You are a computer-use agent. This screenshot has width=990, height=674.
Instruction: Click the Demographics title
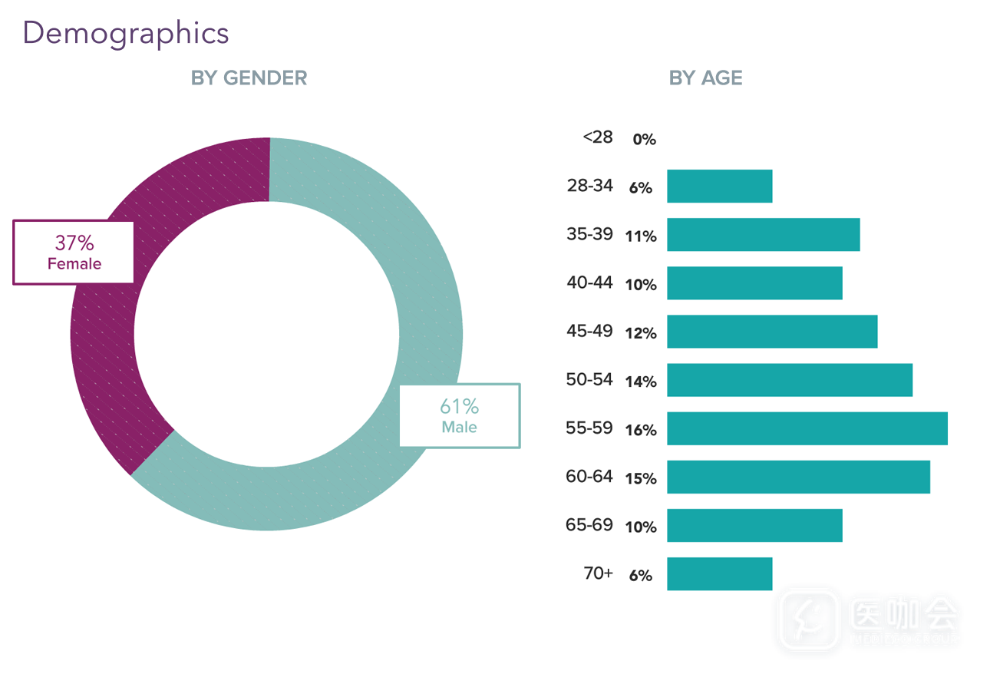pos(126,33)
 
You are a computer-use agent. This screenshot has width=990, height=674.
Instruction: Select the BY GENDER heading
pos(249,78)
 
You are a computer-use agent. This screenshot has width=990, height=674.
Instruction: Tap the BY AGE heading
pos(705,78)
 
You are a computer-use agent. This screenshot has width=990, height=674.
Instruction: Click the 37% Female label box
pos(74,253)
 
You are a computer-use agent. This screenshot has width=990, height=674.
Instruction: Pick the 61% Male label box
pos(459,415)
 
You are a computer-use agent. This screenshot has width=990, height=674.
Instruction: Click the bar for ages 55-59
pos(807,428)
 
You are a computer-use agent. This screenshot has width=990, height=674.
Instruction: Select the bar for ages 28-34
pos(719,187)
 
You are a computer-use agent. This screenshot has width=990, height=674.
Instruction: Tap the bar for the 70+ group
pos(719,573)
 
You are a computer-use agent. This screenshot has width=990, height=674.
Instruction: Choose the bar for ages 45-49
pos(771,332)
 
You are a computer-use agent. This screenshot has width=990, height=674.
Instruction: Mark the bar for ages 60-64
pos(798,477)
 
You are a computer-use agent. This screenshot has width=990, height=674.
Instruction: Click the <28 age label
pos(598,137)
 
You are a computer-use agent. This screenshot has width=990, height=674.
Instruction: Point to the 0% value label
pos(644,140)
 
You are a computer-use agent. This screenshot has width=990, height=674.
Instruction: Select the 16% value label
pos(641,430)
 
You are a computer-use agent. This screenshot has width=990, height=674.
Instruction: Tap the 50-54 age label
pos(589,379)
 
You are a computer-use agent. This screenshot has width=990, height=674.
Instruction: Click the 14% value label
pos(641,382)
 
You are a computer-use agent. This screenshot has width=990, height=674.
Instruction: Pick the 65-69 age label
pos(589,525)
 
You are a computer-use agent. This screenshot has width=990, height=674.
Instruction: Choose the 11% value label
pos(641,236)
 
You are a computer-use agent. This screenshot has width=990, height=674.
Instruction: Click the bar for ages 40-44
pos(754,283)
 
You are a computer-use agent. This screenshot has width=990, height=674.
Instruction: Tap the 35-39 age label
pos(589,234)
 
